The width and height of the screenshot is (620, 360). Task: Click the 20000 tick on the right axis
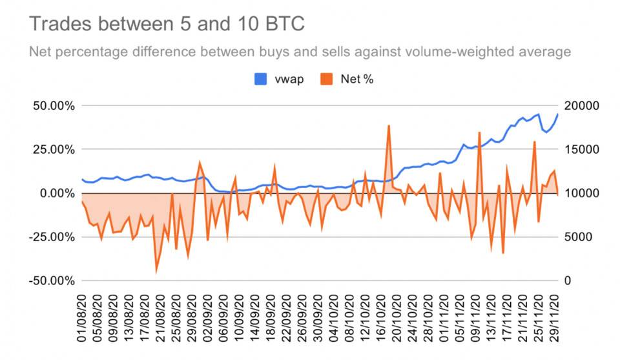click(583, 105)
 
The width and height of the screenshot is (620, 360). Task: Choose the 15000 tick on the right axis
click(583, 149)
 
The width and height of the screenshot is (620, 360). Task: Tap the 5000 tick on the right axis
click(581, 237)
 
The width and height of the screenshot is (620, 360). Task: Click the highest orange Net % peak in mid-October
click(389, 126)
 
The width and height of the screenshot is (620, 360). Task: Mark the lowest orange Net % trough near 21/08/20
click(156, 271)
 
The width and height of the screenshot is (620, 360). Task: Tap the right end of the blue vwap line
click(559, 114)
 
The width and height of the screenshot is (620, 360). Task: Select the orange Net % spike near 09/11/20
click(479, 132)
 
